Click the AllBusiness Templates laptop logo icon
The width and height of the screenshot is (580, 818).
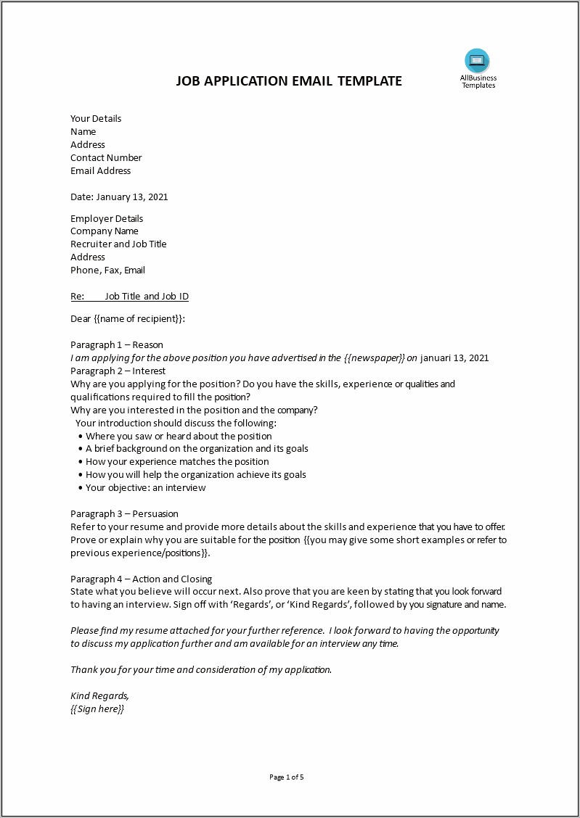tap(478, 60)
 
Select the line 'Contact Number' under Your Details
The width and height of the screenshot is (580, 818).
tap(106, 158)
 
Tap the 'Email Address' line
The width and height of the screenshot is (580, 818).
tap(101, 171)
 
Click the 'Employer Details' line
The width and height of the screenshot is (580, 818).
tap(107, 219)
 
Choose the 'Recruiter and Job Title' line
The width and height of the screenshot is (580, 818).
tap(118, 244)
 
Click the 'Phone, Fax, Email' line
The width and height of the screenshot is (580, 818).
tap(107, 270)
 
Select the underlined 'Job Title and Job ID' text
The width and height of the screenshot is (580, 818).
tap(147, 297)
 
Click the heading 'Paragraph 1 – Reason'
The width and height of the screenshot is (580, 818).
tap(117, 345)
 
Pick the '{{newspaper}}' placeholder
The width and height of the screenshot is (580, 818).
tap(374, 358)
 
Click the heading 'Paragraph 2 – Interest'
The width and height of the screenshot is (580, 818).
tap(118, 371)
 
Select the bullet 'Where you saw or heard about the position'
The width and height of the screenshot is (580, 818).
tap(179, 437)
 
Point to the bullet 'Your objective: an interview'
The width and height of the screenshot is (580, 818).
tap(146, 488)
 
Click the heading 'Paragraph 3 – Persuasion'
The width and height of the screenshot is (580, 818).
tap(124, 514)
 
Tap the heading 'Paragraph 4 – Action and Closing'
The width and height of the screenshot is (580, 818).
tap(142, 579)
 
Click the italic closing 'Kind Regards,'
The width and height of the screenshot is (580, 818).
tap(99, 696)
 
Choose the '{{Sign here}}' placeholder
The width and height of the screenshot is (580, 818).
tap(97, 709)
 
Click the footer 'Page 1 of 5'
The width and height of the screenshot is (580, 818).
tap(287, 777)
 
